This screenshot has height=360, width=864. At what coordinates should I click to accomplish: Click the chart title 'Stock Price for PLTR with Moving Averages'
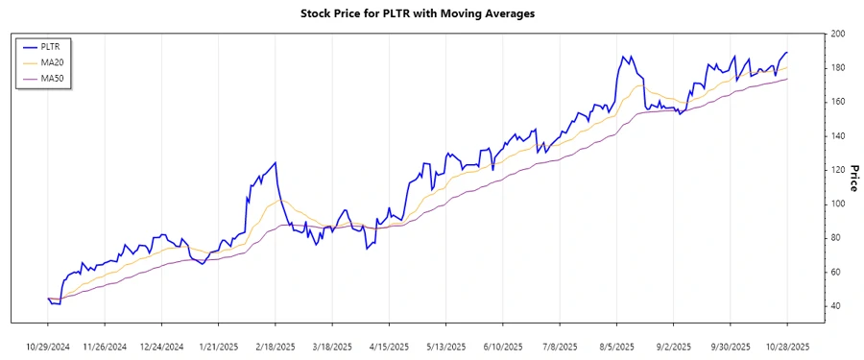pyautogui.click(x=430, y=13)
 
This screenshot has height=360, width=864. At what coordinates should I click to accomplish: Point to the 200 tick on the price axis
pyautogui.click(x=837, y=34)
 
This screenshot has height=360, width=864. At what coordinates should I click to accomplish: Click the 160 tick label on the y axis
pyautogui.click(x=837, y=102)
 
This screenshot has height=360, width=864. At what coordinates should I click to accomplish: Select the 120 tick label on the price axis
pyautogui.click(x=837, y=170)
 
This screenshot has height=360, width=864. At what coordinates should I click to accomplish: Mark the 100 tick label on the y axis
pyautogui.click(x=837, y=204)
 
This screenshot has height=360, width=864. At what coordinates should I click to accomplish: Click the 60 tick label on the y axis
pyautogui.click(x=835, y=272)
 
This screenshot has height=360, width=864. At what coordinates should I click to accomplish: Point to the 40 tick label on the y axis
pyautogui.click(x=835, y=306)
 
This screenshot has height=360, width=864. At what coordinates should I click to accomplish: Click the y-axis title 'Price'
pyautogui.click(x=853, y=178)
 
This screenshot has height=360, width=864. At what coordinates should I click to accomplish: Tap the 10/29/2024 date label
pyautogui.click(x=49, y=347)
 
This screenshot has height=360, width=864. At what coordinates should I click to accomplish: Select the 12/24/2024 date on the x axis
pyautogui.click(x=162, y=347)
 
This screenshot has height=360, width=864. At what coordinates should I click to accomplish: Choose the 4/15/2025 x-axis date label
pyautogui.click(x=390, y=347)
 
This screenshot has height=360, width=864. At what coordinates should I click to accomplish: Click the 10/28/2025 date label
pyautogui.click(x=787, y=347)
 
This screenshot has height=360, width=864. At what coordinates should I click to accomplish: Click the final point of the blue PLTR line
pyautogui.click(x=787, y=53)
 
